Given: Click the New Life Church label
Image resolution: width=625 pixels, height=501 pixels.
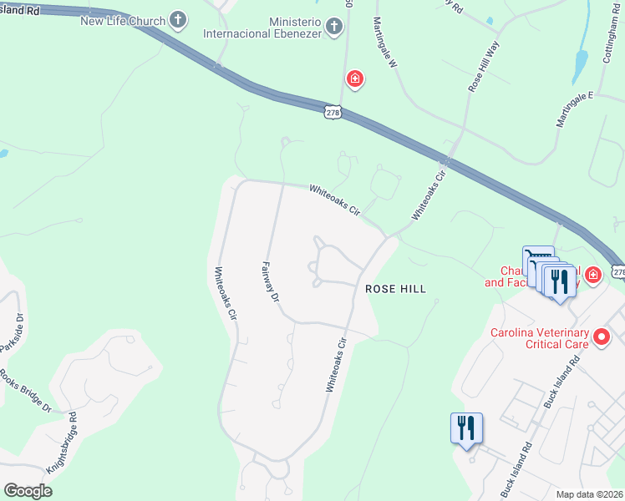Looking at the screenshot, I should click(123, 20).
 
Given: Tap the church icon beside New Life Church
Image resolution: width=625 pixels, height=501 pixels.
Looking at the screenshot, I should click(178, 18).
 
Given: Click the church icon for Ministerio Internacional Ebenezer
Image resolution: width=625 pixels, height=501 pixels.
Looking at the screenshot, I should click(333, 27).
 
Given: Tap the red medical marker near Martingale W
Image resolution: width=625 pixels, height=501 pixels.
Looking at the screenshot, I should click(355, 80).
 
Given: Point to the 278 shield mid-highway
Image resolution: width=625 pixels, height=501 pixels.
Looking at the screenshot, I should click(332, 112).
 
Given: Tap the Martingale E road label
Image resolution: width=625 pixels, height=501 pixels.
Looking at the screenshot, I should click(574, 109).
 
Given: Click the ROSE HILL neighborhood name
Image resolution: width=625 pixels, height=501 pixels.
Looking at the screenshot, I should click(396, 289).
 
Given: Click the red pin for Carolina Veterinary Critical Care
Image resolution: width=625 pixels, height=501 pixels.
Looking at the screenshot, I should click(601, 338).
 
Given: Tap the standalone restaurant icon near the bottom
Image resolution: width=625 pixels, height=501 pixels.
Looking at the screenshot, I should click(466, 428).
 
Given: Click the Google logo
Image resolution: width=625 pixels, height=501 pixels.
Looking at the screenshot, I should click(28, 492).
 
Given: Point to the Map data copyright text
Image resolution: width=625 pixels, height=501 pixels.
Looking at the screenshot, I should click(590, 494).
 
